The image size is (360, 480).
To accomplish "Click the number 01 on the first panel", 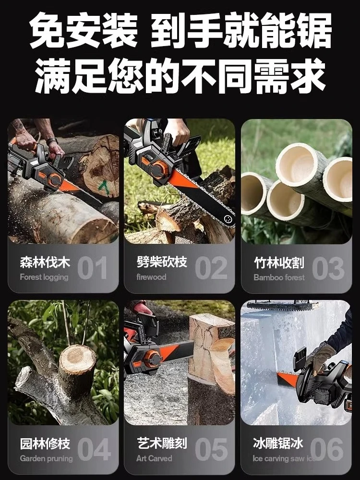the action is pos(93,268).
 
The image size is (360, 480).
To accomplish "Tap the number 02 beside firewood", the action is pos(211,268).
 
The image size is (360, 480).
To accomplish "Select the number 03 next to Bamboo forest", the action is pos(328,268).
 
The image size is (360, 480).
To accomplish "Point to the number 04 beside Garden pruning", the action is pos(94,449).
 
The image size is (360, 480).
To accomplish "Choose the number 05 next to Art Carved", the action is pos(212,449).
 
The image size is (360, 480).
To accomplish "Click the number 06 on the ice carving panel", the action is pos(326,449).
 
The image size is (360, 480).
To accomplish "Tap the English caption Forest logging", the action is pos(44,277).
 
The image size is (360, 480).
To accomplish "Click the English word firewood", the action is pos(151,277).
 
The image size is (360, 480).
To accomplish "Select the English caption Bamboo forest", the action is pos(279,277).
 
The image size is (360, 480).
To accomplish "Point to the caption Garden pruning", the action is pos(46,458).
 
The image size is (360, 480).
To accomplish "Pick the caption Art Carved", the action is pos(154,458).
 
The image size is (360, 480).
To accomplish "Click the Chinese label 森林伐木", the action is pos(45,263).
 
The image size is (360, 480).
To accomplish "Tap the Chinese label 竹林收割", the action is pos(279,263).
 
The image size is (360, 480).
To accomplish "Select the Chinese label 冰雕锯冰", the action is pos(278,443).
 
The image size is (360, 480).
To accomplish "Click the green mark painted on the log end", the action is pos(105,187).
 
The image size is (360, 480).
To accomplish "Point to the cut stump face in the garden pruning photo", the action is pos(77,359).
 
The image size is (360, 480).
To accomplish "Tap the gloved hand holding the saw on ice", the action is pos(320,356).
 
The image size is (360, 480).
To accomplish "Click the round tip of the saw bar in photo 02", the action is pos(228,219).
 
